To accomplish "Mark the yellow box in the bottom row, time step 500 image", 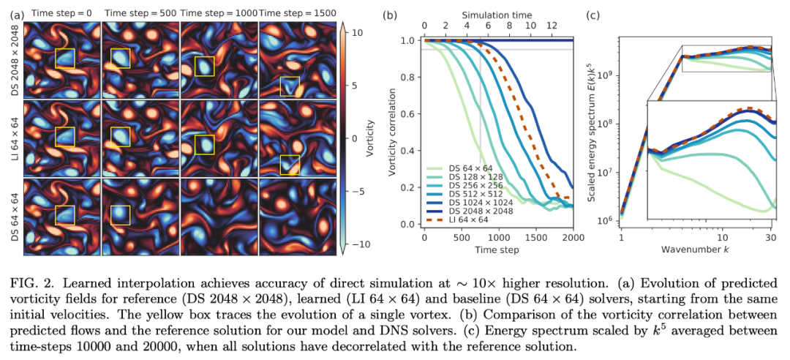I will [120, 214].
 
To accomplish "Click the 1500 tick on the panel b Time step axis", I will [536, 238].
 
